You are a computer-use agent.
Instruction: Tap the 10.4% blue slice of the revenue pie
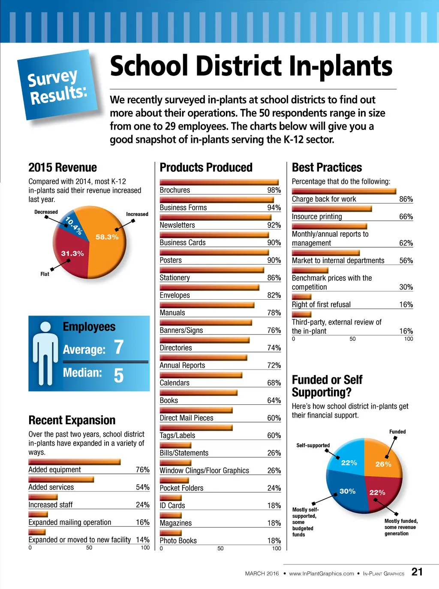tap(74, 225)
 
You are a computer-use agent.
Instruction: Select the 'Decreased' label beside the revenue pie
tap(46, 212)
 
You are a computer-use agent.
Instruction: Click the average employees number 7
tap(119, 347)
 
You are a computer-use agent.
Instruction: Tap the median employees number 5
tap(119, 376)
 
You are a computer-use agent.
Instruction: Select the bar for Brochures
tap(219, 182)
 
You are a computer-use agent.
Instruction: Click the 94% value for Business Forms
tap(274, 208)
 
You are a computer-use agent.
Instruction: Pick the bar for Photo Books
tap(171, 533)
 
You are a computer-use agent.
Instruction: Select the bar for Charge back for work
tap(344, 191)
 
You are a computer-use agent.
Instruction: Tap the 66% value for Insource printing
tap(406, 217)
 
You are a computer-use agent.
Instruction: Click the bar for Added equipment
tap(74, 462)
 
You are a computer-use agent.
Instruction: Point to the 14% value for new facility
tap(143, 540)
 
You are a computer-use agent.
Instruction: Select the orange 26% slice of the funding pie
tap(383, 461)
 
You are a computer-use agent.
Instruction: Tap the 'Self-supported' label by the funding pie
tap(313, 446)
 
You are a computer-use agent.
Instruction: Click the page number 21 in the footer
tap(417, 572)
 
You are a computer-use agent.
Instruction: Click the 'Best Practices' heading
tap(327, 167)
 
